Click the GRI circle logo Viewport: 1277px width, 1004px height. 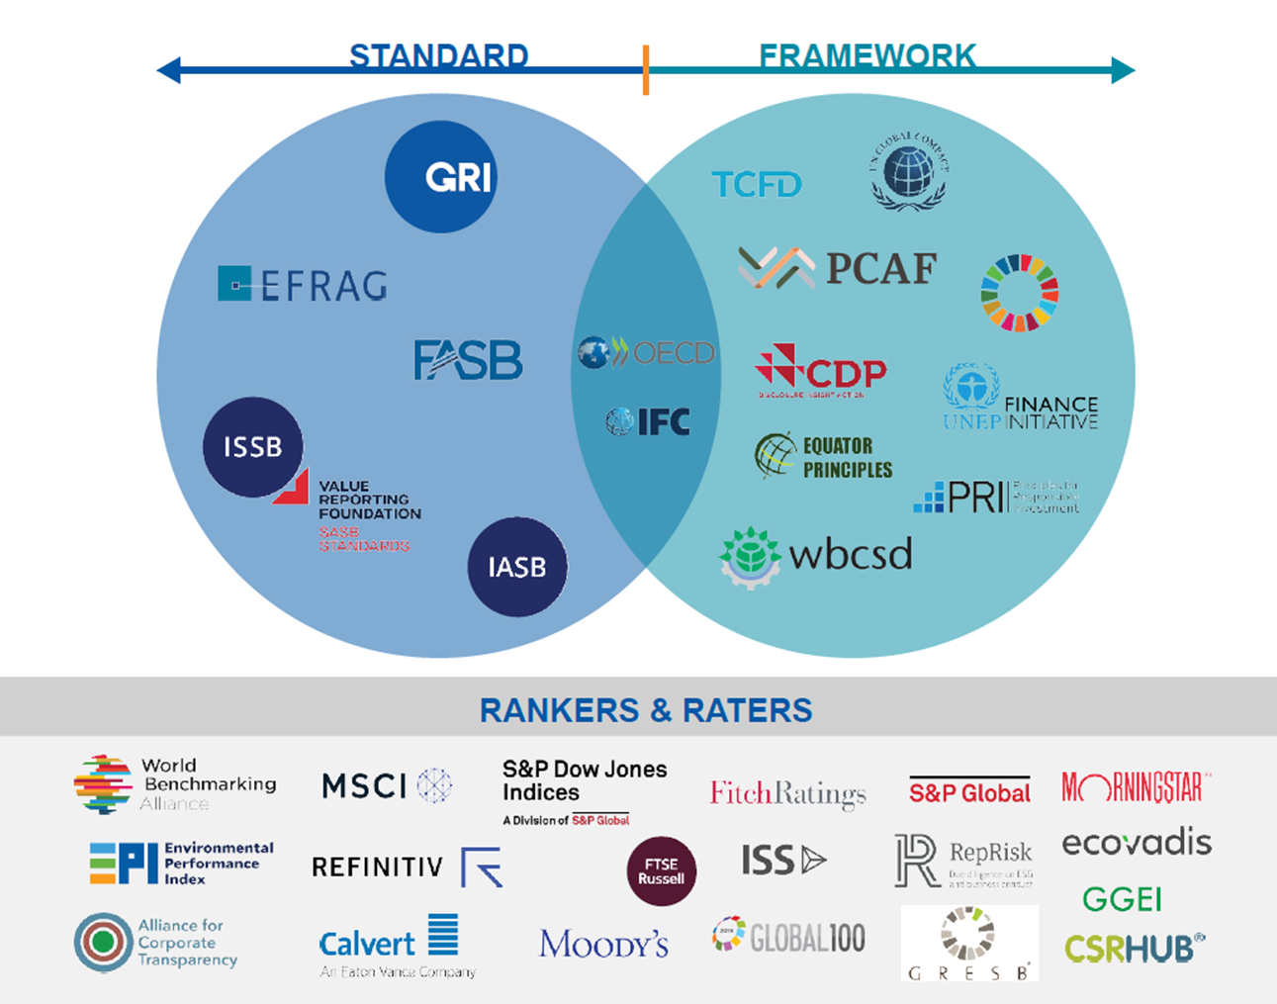441,177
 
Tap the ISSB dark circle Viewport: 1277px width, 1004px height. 252,447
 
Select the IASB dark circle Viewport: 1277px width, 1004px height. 517,567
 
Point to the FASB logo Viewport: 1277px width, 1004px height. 467,360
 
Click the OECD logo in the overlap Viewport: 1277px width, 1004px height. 646,352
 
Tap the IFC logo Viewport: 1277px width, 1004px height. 649,422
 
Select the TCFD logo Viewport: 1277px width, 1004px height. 757,184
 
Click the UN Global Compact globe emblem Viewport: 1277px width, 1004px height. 909,171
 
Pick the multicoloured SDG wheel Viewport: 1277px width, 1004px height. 1019,293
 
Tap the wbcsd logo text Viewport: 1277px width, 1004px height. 851,555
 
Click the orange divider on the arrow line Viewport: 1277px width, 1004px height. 646,70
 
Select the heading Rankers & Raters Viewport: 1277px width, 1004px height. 646,709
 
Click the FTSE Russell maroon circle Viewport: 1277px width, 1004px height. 662,871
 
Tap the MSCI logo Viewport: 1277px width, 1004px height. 386,785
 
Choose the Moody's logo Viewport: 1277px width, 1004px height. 603,944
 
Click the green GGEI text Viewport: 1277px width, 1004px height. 1122,899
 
